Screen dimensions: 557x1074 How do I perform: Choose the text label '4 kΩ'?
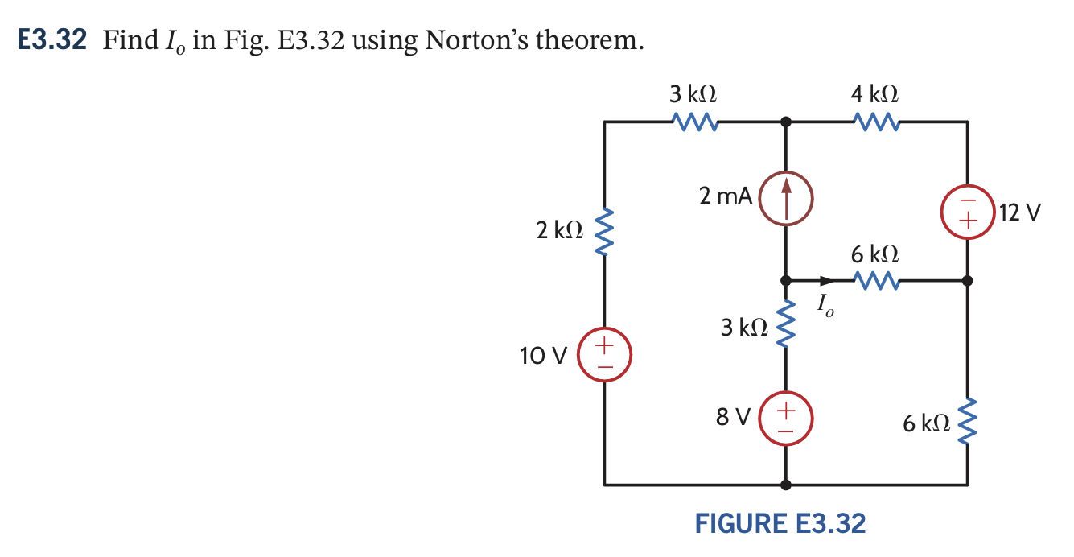874,93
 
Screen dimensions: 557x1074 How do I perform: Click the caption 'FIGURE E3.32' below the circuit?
780,524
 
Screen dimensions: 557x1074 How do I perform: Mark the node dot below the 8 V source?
786,485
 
